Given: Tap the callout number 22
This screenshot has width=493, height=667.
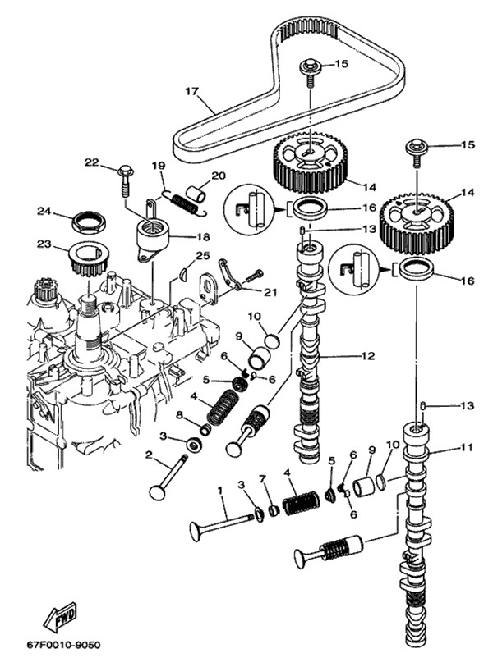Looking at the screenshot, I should pyautogui.click(x=91, y=162).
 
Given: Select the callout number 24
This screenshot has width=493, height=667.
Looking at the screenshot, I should pyautogui.click(x=44, y=211).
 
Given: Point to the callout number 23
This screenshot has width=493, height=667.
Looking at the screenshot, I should pyautogui.click(x=44, y=244).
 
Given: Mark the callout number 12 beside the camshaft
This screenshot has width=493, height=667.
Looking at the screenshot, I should pyautogui.click(x=367, y=356).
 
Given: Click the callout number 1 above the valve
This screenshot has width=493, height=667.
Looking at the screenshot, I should pyautogui.click(x=220, y=490).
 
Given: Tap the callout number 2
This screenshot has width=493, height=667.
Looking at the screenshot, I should pyautogui.click(x=149, y=454).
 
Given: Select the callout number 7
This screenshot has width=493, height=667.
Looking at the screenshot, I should pyautogui.click(x=262, y=478).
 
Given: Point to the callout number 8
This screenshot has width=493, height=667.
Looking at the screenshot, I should pyautogui.click(x=178, y=415).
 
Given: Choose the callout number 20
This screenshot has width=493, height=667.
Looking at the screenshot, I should pyautogui.click(x=218, y=175).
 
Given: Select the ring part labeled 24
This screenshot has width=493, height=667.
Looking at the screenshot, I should pyautogui.click(x=88, y=221).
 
